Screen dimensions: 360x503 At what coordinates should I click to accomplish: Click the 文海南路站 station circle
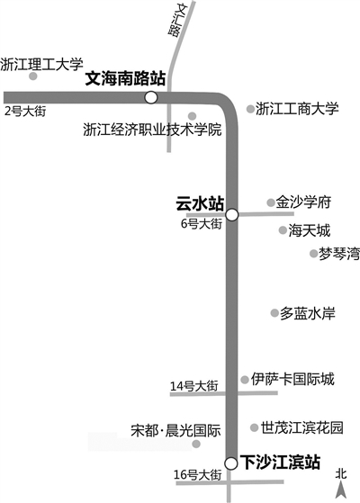(151, 97)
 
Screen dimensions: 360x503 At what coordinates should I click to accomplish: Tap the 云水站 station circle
(231, 215)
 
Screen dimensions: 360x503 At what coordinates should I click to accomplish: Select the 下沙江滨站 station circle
(230, 463)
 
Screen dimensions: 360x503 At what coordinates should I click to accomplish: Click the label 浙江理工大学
(41, 64)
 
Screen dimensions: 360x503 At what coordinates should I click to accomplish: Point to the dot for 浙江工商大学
(250, 109)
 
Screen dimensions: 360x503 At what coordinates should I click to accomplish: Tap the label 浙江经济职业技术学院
(152, 130)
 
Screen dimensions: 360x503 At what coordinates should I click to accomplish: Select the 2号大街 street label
(25, 112)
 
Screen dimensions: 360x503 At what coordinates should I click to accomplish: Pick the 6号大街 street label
(202, 223)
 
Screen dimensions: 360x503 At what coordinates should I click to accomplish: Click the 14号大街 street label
(194, 386)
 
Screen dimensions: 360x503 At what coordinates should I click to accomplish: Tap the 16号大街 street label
(198, 474)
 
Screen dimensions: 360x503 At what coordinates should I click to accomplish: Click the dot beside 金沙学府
(271, 202)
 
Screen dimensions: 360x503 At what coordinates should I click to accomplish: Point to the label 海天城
(310, 230)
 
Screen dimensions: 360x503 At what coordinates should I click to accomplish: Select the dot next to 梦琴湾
(313, 254)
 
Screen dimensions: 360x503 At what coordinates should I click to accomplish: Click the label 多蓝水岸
(308, 313)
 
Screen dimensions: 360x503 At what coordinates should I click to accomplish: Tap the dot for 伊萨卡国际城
(245, 380)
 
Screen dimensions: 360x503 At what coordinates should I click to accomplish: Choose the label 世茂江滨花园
(301, 427)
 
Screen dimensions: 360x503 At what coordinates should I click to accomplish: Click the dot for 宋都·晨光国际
(196, 444)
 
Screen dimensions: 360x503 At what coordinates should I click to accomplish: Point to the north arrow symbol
(341, 490)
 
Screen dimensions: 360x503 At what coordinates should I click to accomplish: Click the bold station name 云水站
(200, 203)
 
